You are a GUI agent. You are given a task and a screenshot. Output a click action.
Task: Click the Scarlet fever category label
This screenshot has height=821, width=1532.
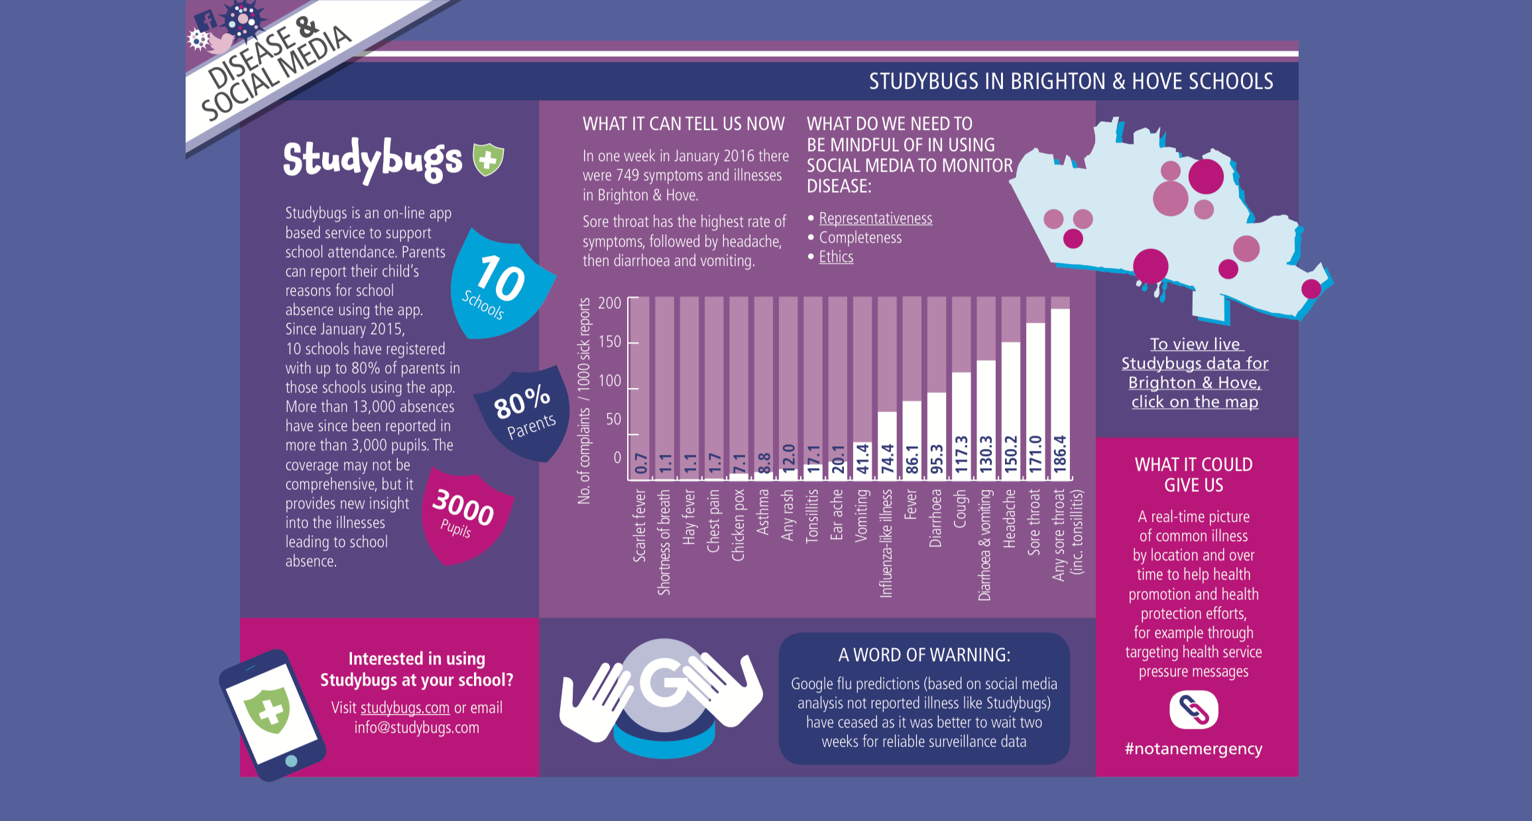click(640, 525)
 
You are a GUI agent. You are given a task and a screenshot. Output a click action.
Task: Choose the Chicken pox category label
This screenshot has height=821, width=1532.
click(738, 525)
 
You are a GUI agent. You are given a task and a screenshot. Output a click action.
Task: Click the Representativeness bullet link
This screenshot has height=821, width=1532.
click(875, 218)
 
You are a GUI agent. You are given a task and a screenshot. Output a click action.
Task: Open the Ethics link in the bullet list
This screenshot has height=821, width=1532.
click(836, 257)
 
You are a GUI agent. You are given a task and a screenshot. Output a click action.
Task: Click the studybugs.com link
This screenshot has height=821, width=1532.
click(405, 708)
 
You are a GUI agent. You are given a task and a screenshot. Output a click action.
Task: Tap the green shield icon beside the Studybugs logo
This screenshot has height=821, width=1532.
click(488, 159)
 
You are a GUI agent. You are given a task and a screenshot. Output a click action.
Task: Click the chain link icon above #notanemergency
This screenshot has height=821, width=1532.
click(1193, 710)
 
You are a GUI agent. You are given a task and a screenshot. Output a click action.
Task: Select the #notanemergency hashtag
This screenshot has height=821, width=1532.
click(1193, 749)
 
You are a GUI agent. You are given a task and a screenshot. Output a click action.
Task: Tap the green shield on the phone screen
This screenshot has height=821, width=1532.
click(268, 711)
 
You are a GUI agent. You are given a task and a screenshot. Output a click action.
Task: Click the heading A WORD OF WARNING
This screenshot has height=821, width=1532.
click(924, 655)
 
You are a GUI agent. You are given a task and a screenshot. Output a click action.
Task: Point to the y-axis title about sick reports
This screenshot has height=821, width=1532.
click(584, 401)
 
